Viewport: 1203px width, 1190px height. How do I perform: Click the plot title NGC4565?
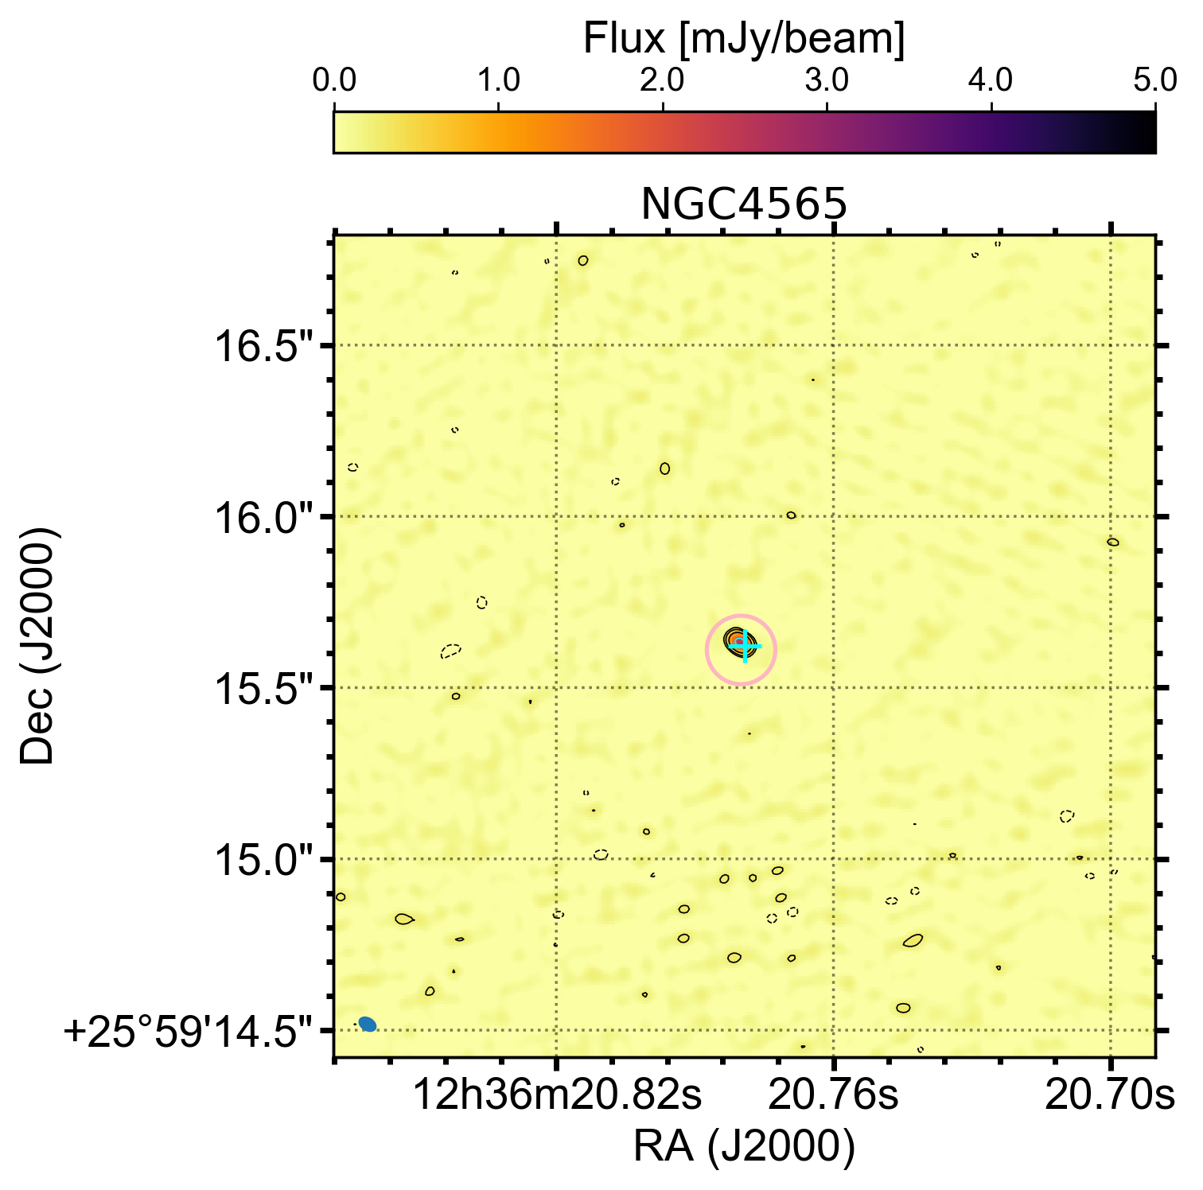coord(743,205)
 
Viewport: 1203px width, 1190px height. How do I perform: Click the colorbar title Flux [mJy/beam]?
coord(743,38)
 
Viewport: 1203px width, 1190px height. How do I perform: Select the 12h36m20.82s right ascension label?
coord(557,1096)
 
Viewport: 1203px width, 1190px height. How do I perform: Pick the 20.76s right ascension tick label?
coord(833,1096)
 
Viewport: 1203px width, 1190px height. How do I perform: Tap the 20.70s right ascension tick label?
coord(1109,1096)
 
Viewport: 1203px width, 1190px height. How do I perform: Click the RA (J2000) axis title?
coord(743,1147)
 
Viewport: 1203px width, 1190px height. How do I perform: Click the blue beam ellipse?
coord(367,1024)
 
